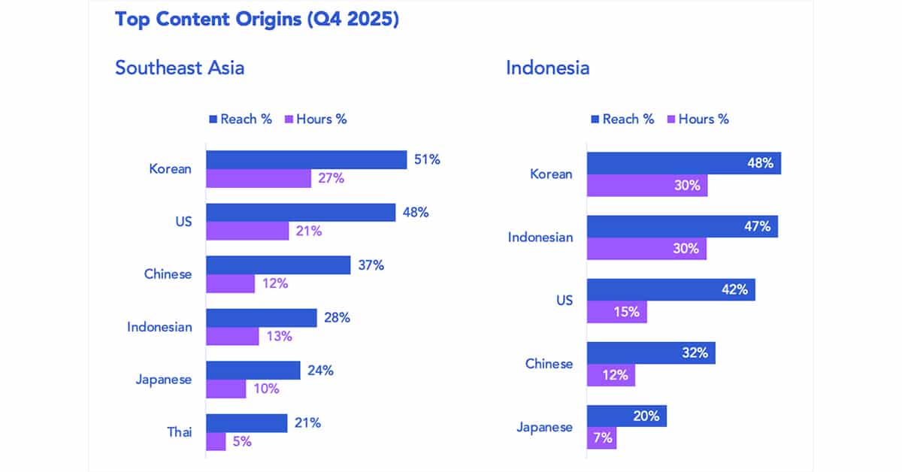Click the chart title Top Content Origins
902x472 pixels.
point(256,19)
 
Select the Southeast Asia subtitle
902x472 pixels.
point(180,68)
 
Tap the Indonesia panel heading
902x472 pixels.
point(547,68)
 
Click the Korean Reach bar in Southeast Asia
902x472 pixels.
point(307,160)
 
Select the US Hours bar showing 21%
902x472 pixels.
point(247,231)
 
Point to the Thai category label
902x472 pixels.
point(179,432)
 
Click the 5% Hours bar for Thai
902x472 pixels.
point(216,441)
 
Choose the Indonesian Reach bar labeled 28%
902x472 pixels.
point(262,318)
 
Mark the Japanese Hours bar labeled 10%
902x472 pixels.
point(225,389)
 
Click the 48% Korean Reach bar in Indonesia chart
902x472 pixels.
point(683,163)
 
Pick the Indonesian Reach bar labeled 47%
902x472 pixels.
point(682,226)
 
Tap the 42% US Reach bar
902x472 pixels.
point(670,289)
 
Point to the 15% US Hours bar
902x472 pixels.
point(616,312)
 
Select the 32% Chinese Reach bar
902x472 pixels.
point(651,352)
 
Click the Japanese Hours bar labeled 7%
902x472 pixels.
point(601,438)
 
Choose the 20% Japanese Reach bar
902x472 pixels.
point(626,416)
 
